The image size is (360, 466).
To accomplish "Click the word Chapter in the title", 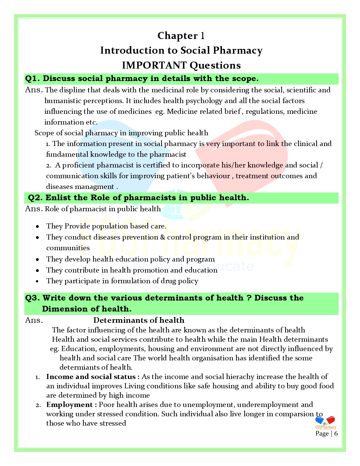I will click(x=177, y=36).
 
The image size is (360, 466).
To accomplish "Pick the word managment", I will click(x=96, y=187).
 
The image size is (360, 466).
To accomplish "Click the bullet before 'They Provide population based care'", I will click(x=38, y=227).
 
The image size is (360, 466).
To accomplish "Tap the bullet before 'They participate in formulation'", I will click(x=38, y=281).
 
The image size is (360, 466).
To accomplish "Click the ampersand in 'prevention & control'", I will click(x=162, y=237).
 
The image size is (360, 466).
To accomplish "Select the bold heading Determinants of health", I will click(x=139, y=320).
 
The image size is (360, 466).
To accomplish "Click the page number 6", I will click(x=336, y=434).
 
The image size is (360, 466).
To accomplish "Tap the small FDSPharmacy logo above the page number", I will click(x=325, y=423).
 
